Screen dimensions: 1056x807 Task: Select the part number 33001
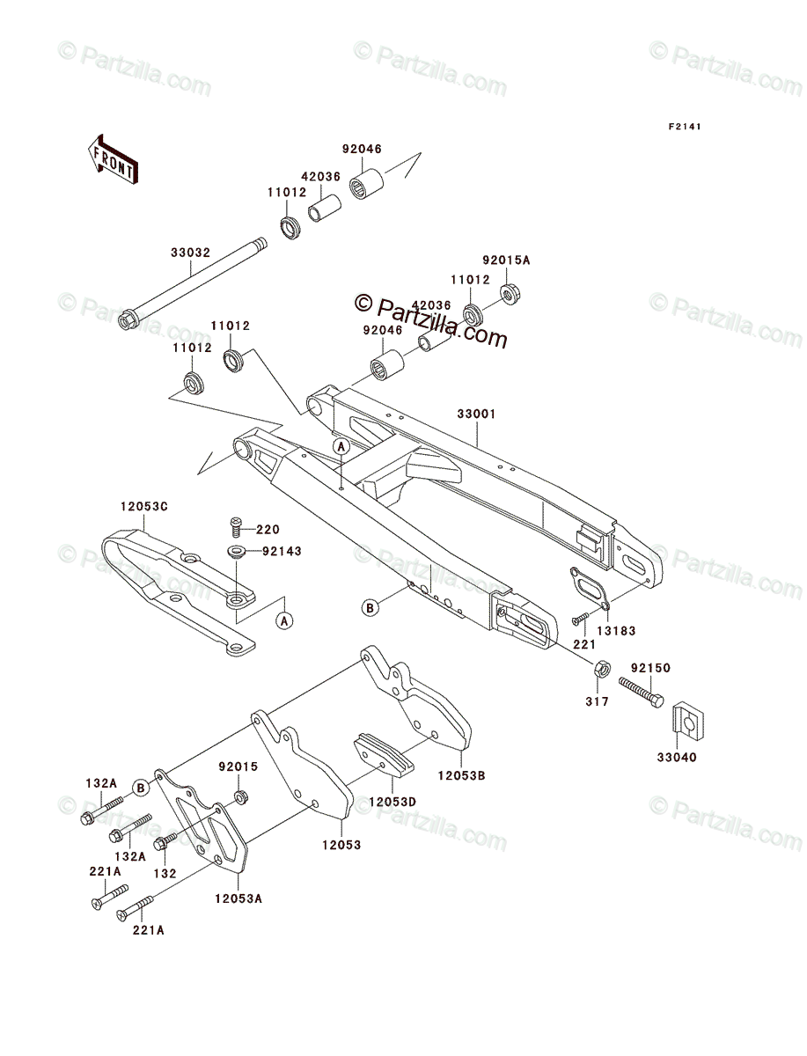(x=475, y=414)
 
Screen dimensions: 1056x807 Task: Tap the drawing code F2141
(x=684, y=127)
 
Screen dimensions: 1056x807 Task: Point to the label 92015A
(x=507, y=260)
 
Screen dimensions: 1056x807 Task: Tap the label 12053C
(x=144, y=507)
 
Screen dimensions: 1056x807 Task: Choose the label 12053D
(x=392, y=802)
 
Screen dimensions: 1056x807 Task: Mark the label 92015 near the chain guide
(x=239, y=766)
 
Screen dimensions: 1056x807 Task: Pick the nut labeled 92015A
(x=508, y=293)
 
